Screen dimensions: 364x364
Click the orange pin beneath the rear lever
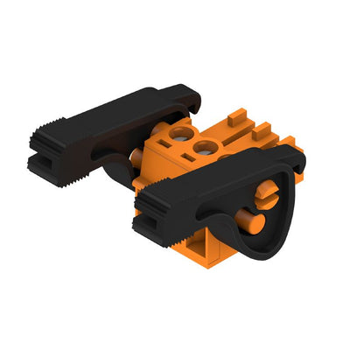point(139,158)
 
